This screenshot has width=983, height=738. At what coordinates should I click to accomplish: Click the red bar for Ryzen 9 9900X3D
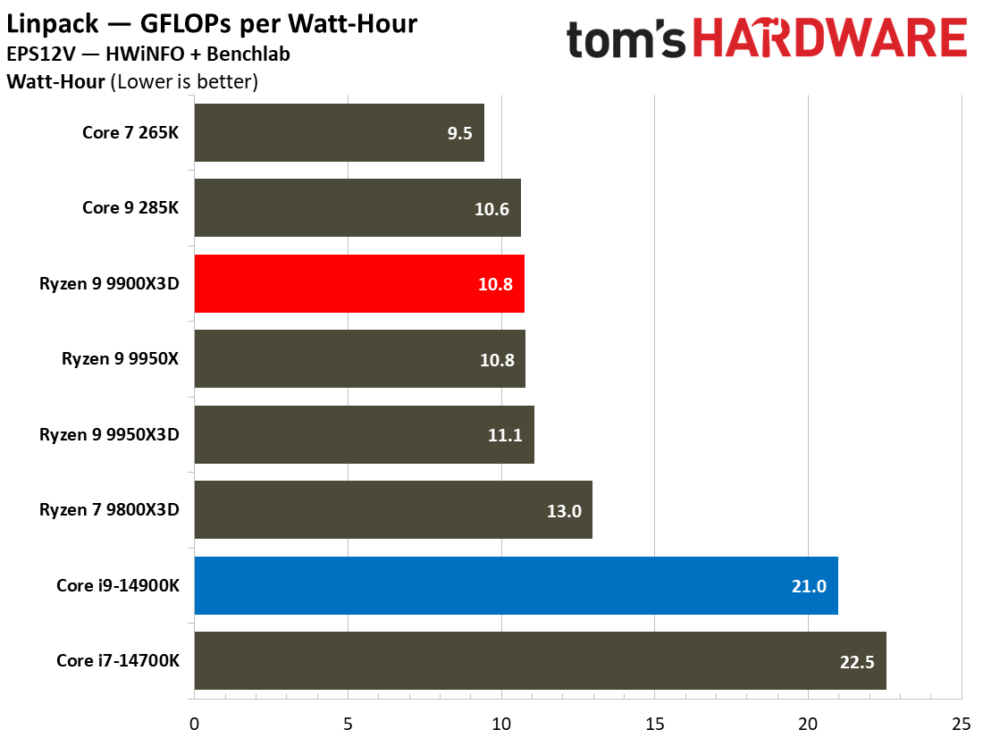358,283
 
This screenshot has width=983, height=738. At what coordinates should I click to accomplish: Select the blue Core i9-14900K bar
516,585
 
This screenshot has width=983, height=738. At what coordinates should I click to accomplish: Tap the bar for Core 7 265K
339,133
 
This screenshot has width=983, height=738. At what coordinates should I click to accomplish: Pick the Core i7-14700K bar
540,661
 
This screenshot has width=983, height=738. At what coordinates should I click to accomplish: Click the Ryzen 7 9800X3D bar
393,510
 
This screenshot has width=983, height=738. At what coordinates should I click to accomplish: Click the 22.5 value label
856,661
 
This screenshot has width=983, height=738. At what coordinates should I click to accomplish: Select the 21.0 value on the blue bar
808,585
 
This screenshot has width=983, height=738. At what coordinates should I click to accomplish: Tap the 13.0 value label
563,510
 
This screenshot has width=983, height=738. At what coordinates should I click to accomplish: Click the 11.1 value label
505,435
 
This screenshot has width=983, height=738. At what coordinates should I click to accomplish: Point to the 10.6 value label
492,208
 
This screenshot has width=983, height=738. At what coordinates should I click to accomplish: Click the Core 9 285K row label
130,208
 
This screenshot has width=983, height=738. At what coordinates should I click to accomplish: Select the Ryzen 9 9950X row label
121,359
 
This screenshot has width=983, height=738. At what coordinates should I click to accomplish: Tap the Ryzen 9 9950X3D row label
110,435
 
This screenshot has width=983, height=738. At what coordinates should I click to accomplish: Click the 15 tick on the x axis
654,722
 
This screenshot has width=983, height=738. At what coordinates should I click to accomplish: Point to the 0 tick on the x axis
194,722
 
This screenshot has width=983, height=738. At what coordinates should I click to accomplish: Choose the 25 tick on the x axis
961,722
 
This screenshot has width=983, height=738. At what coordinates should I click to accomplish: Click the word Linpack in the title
48,23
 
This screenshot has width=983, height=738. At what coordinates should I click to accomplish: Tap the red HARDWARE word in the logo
830,40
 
